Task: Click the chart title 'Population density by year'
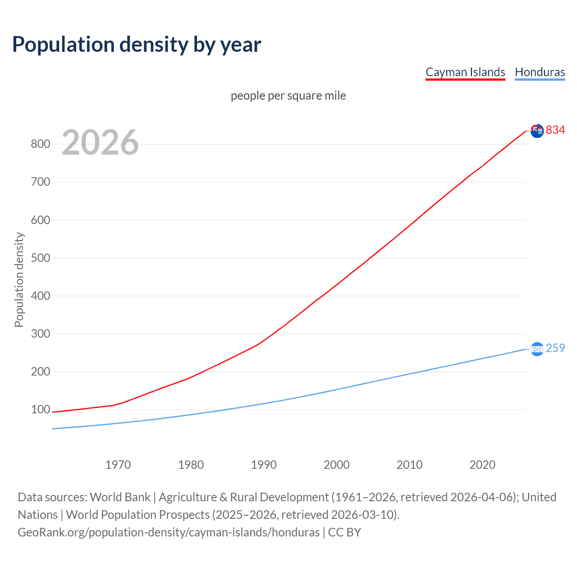[x=137, y=45]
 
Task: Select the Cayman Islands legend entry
[x=465, y=72]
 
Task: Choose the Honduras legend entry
[x=540, y=72]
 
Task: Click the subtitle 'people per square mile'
[x=288, y=96]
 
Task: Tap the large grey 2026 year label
[x=100, y=142]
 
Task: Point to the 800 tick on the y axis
[x=40, y=144]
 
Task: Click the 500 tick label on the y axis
[x=40, y=258]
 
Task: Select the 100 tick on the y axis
[x=40, y=410]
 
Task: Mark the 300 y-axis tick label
[x=40, y=334]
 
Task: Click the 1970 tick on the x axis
[x=118, y=465]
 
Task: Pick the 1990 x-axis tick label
[x=264, y=465]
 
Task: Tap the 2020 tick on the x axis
[x=482, y=465]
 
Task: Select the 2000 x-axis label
[x=337, y=465]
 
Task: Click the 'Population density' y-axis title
[x=19, y=279]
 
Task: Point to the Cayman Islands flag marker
[x=537, y=131]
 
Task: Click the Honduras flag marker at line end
[x=537, y=349]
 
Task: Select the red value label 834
[x=555, y=130]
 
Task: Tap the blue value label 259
[x=555, y=348]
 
